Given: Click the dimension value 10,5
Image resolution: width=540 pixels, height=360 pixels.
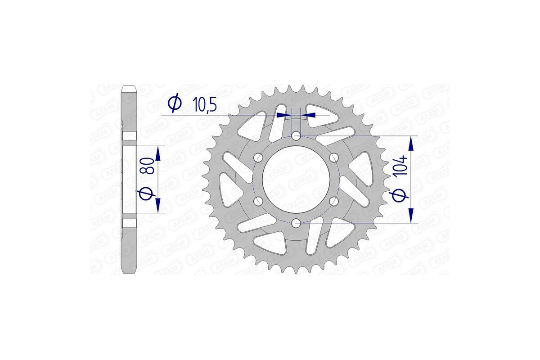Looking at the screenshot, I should tap(205, 104).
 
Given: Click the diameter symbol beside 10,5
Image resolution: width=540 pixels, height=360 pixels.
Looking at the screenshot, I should tap(174, 103).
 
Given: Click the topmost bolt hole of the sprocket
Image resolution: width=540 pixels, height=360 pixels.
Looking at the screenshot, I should tap(296, 135).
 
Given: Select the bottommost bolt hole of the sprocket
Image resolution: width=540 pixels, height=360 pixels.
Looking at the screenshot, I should tap(296, 223).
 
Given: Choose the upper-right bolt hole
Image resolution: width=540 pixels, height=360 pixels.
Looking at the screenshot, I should tap(333, 157).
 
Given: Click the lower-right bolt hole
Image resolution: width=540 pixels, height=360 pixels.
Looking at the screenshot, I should tap(333, 201).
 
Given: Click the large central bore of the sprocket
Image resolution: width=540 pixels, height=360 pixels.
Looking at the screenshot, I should tap(296, 179).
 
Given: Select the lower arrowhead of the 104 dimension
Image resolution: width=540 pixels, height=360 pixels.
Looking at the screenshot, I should tap(410, 215).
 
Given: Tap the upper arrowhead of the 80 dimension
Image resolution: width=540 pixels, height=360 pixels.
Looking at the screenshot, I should tap(158, 154).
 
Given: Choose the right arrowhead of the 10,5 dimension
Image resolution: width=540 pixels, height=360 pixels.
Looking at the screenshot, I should tap(308, 115).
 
